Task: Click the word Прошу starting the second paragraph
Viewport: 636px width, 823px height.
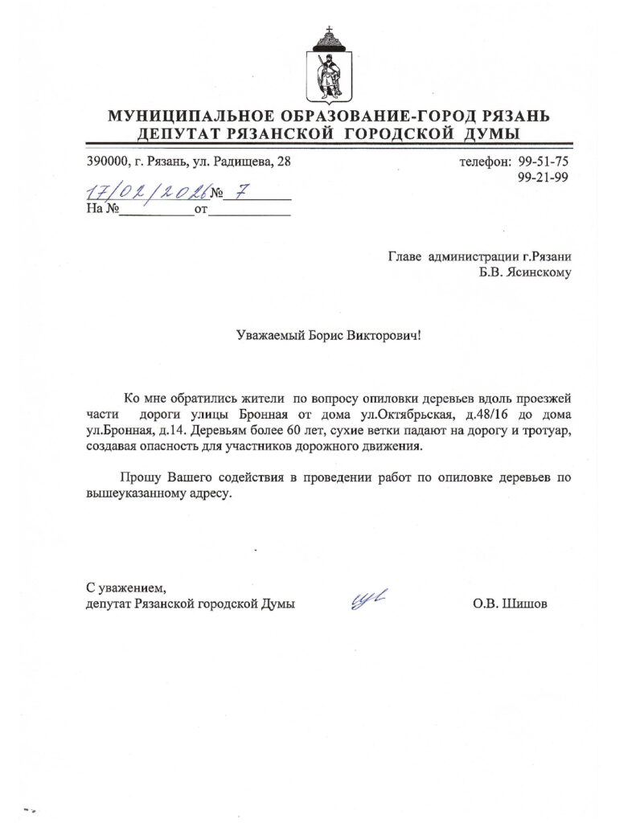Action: point(135,477)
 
